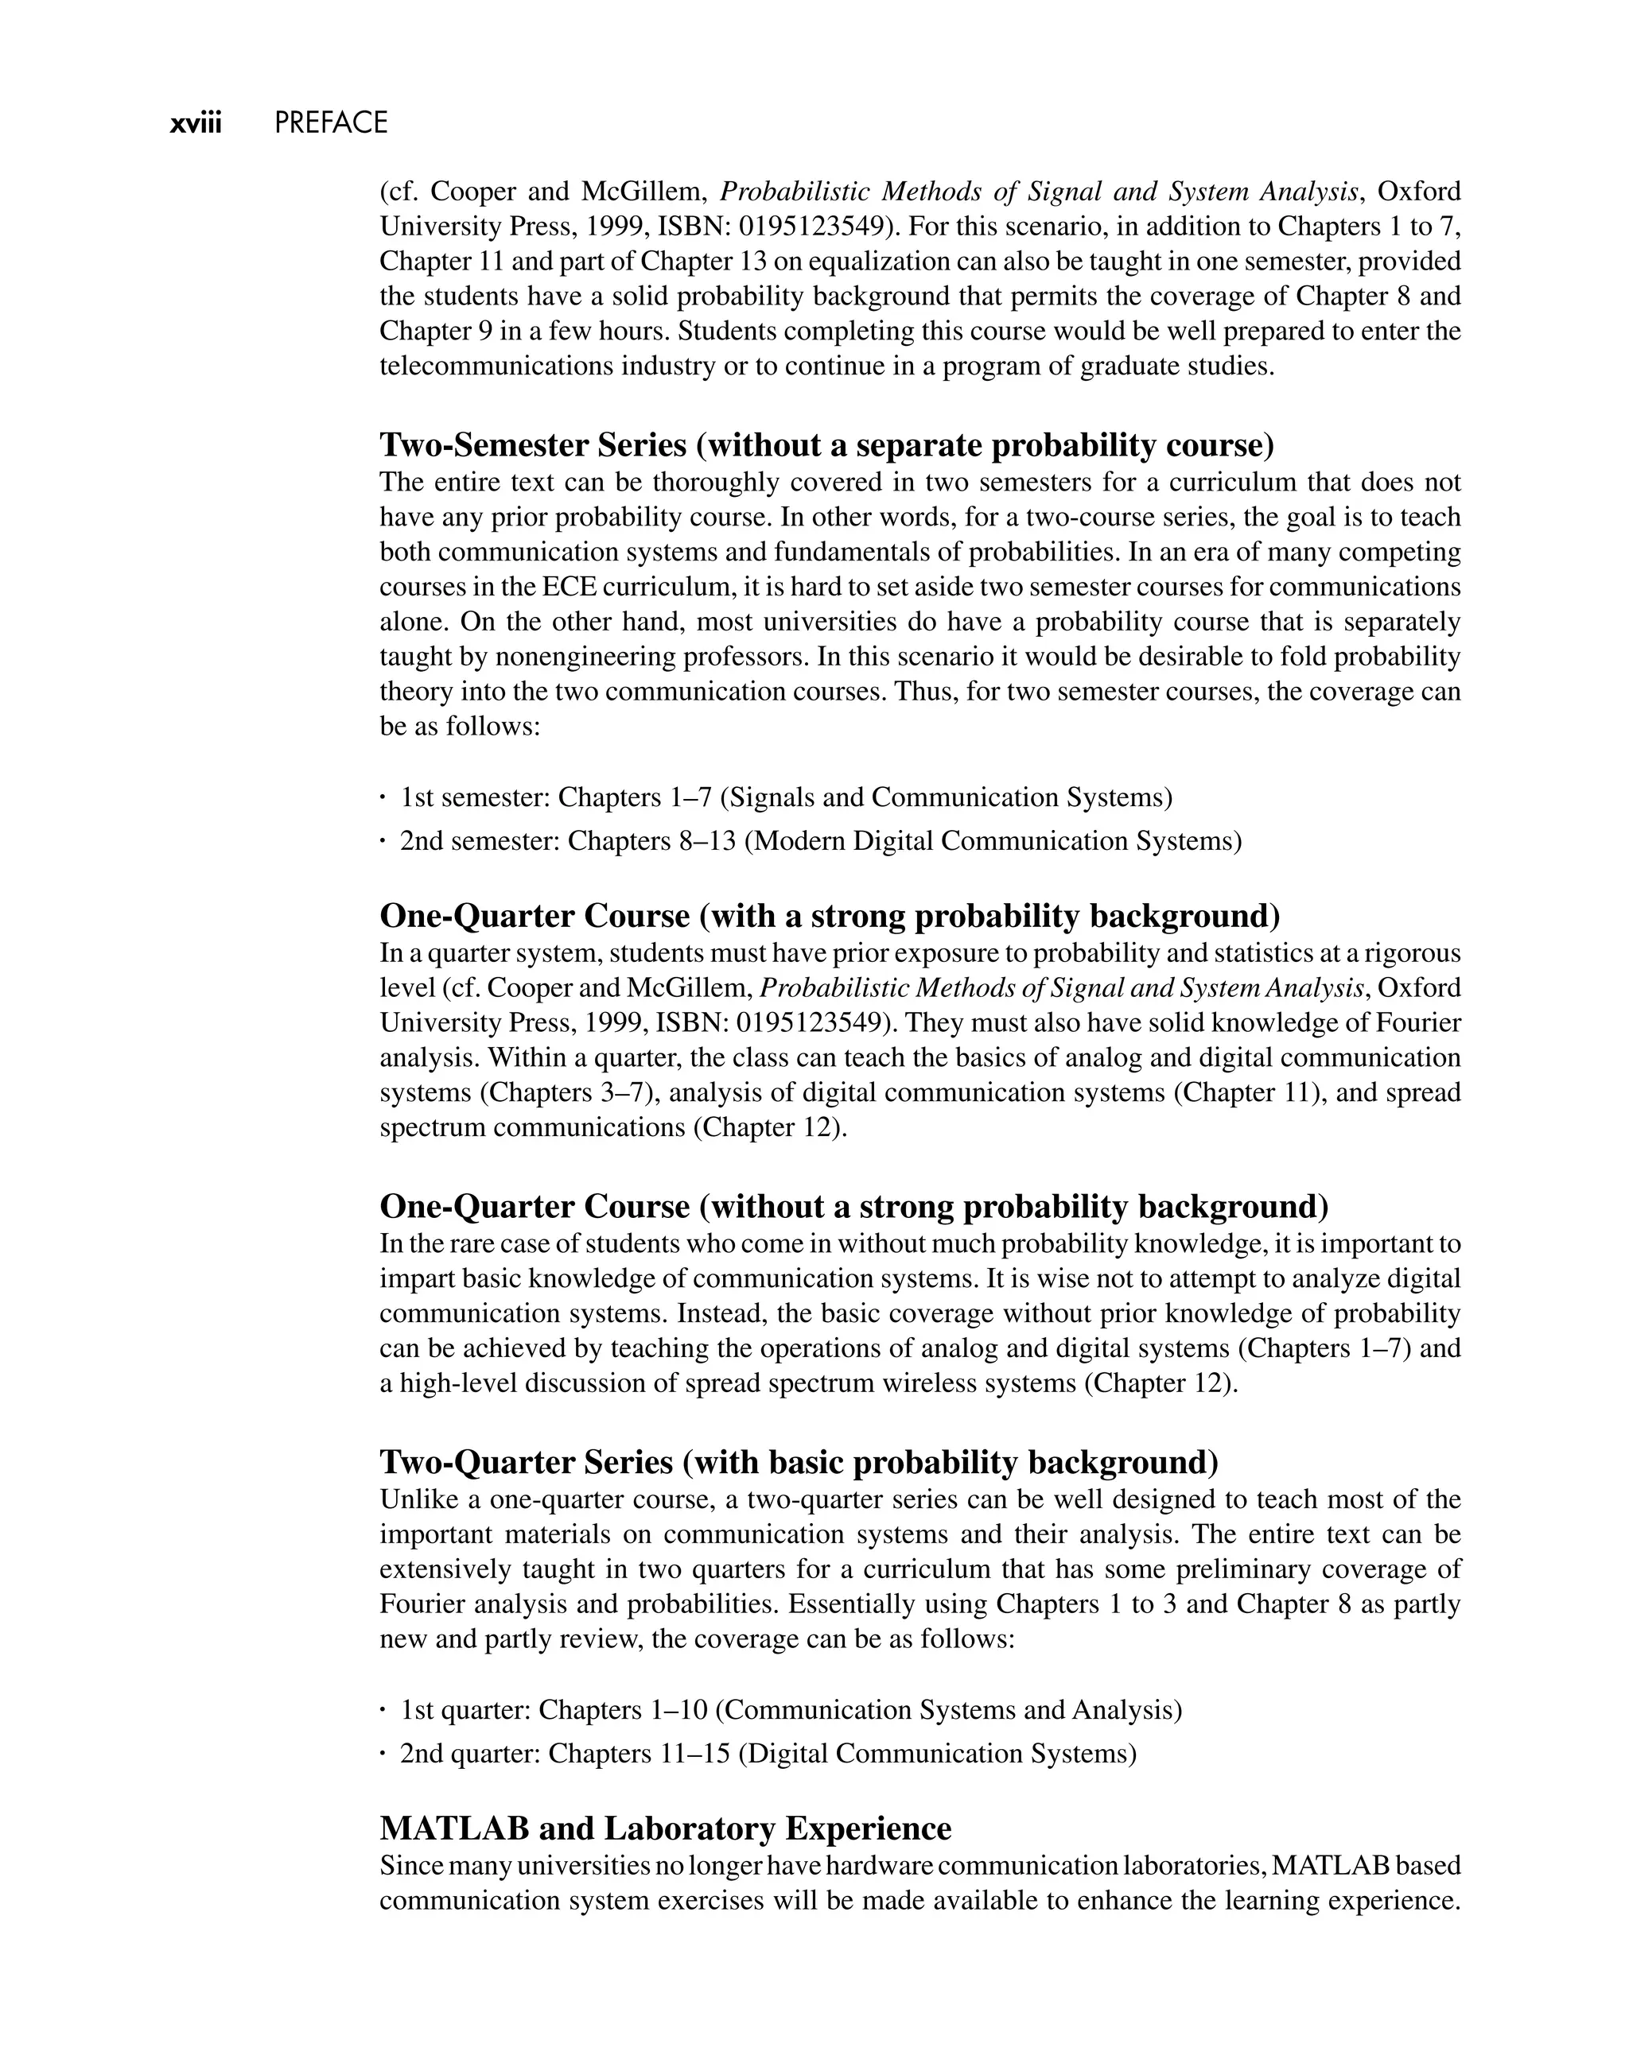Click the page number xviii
[x=196, y=124]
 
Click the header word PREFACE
[x=331, y=124]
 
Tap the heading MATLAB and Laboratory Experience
[x=665, y=1828]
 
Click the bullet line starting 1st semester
[x=785, y=797]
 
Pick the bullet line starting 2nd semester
[x=820, y=841]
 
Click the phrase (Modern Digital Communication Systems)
[x=993, y=841]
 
